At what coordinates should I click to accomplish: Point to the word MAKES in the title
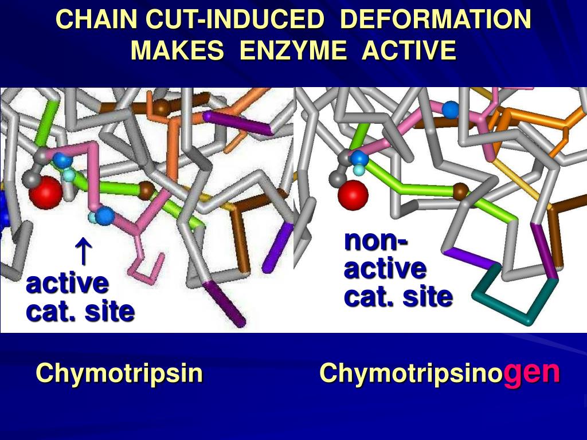(x=177, y=51)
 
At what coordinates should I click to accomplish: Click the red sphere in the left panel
(x=45, y=192)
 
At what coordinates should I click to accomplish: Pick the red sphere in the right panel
(x=353, y=195)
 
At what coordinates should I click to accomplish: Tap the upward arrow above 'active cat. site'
(x=84, y=252)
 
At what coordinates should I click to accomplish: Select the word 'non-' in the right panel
(x=376, y=241)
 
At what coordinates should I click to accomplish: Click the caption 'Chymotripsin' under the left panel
(x=119, y=374)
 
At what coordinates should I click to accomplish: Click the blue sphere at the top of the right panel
(x=451, y=108)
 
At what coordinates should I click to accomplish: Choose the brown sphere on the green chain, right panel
(x=460, y=191)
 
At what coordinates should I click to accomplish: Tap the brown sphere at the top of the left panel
(x=163, y=107)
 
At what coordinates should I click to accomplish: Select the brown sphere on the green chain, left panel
(x=146, y=190)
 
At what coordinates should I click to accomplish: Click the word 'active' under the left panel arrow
(x=67, y=283)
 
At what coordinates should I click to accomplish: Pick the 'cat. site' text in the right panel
(x=398, y=297)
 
